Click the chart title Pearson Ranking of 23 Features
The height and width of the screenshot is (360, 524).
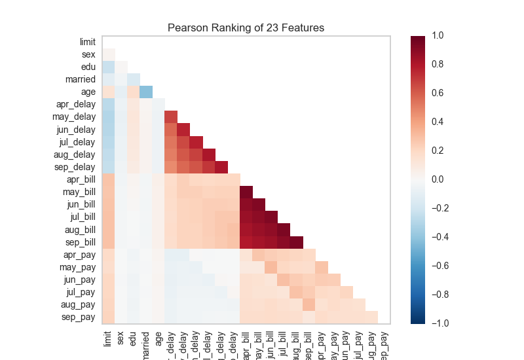[x=246, y=27]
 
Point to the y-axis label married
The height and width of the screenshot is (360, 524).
[x=80, y=79]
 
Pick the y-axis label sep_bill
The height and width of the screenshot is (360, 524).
[x=81, y=241]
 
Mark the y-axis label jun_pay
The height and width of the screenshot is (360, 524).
[x=81, y=279]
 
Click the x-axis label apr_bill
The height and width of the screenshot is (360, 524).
[x=247, y=342]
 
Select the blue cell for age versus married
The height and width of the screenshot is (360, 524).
[x=146, y=92]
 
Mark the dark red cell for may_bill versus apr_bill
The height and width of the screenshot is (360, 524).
[x=246, y=192]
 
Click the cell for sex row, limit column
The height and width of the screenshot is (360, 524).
[x=109, y=54]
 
